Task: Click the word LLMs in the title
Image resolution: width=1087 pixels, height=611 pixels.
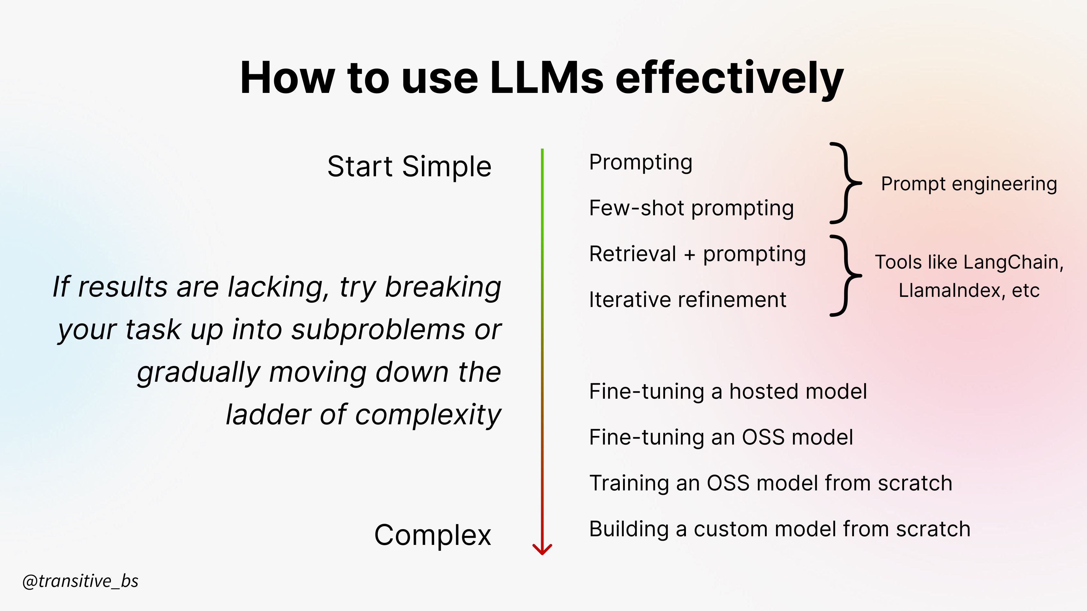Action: [x=547, y=78]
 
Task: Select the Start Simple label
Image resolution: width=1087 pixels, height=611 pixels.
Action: [x=409, y=166]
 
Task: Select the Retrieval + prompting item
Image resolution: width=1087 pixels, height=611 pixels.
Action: [x=697, y=254]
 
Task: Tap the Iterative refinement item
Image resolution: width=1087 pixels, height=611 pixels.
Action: [x=687, y=300]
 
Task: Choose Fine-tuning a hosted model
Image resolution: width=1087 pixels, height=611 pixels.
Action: [x=728, y=391]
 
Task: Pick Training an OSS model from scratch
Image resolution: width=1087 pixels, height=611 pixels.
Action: [x=771, y=483]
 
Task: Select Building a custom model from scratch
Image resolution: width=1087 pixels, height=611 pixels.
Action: [x=779, y=529]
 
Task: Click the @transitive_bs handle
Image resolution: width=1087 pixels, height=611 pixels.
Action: [x=80, y=581]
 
